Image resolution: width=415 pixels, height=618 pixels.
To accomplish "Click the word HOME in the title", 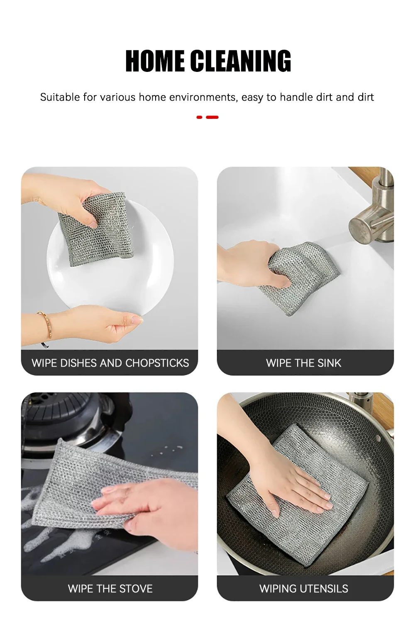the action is coord(155,61).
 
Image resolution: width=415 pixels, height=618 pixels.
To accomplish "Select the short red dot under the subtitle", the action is coord(199,118).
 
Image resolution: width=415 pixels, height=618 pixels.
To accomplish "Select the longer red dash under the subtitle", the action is coord(212,118).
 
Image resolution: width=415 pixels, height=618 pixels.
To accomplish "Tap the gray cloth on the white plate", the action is coord(95,229).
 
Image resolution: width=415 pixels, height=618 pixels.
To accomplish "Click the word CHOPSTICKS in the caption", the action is coord(157,363).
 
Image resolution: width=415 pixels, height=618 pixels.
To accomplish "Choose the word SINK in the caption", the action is coord(329,363).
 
